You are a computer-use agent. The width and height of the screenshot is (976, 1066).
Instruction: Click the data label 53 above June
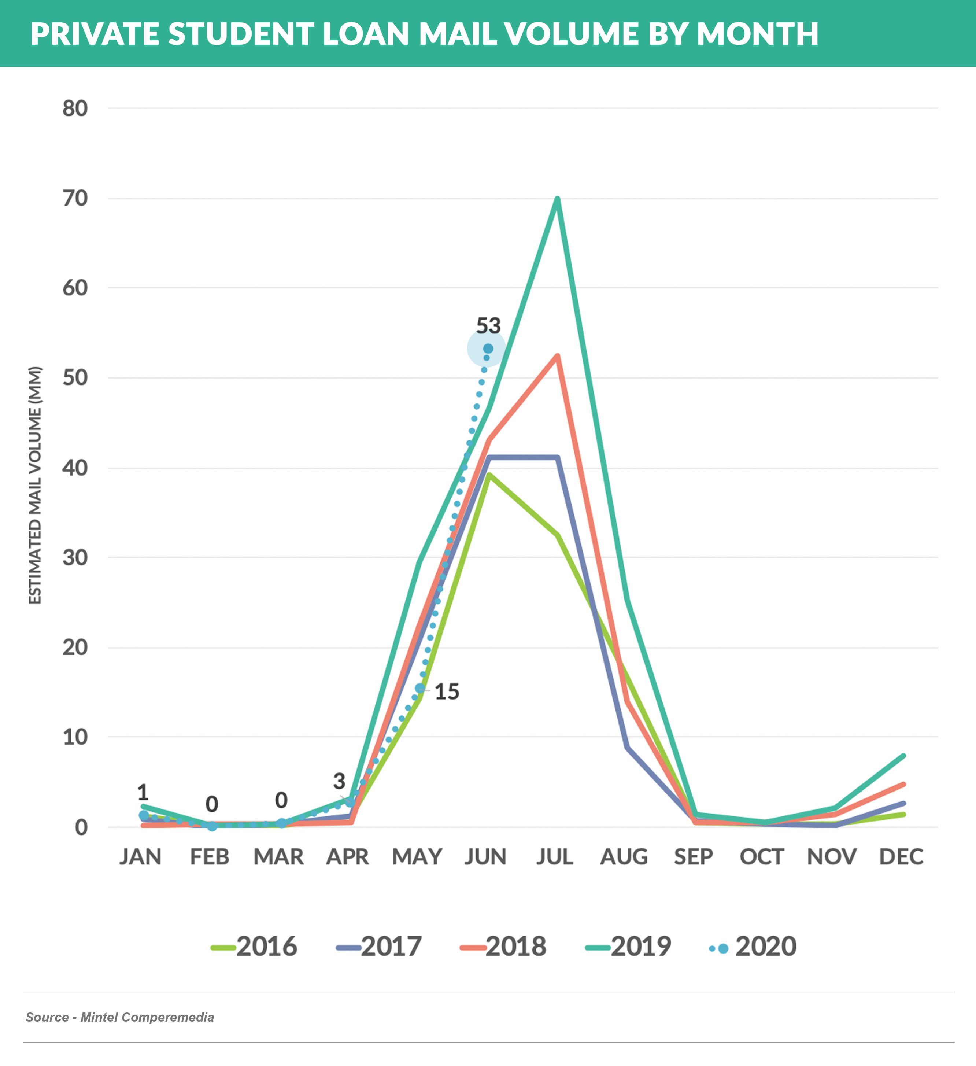488,326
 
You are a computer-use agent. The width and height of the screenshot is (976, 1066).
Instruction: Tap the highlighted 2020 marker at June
488,348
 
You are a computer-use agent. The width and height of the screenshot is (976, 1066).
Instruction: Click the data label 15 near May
447,691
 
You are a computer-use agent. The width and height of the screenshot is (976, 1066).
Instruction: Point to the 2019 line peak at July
557,199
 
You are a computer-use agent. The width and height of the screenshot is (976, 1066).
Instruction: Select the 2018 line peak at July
557,356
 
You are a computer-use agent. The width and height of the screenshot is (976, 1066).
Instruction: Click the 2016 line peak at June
489,474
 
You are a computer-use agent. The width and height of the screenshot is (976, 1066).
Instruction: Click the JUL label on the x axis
555,857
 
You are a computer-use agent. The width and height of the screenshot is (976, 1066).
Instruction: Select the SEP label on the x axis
693,857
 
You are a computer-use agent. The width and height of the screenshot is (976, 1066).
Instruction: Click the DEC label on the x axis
901,857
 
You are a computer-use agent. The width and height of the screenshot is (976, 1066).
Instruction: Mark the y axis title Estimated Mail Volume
35,485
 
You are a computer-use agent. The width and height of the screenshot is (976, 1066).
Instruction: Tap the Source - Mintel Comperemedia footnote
120,1017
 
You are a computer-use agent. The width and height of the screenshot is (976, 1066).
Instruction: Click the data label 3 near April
339,781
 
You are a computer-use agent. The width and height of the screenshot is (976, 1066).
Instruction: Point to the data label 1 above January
143,793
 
